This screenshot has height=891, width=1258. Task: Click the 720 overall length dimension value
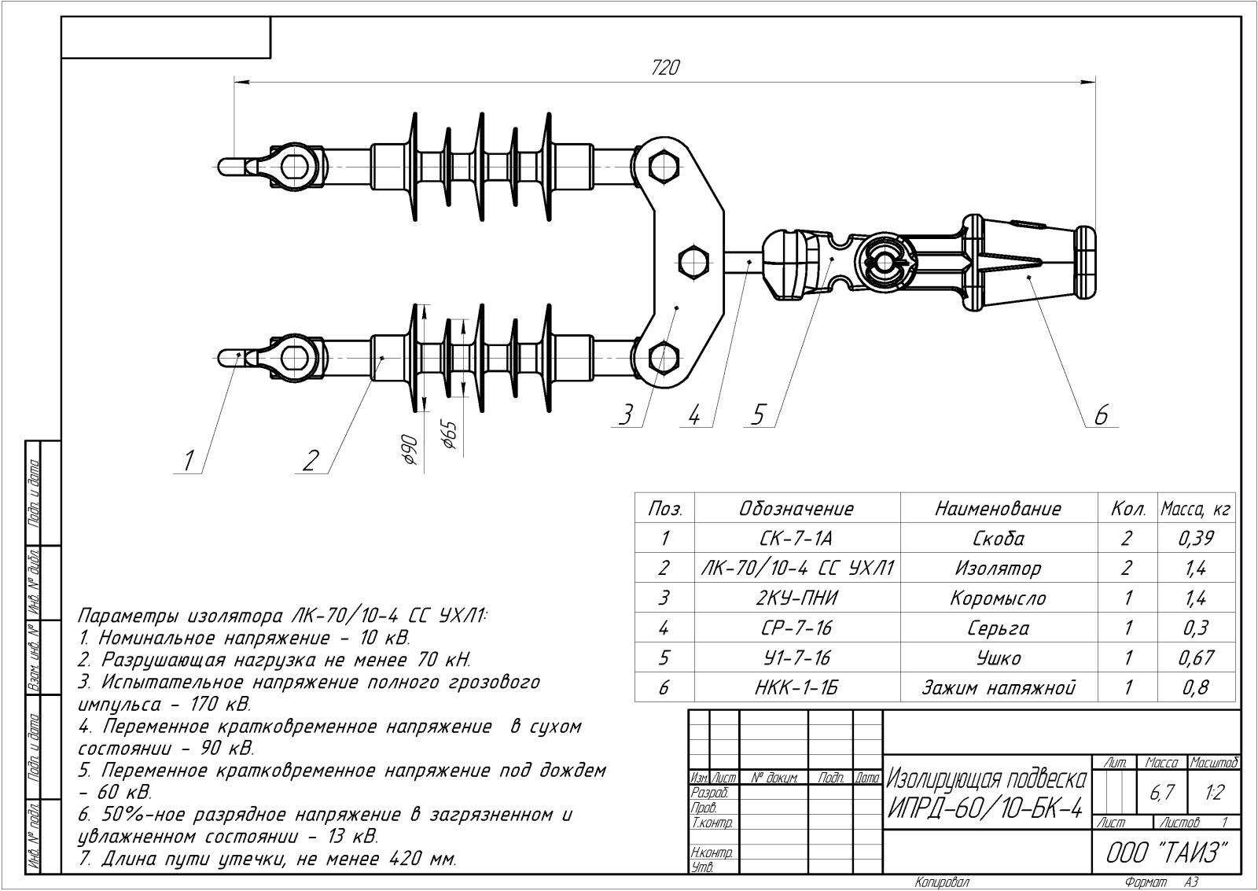pyautogui.click(x=665, y=68)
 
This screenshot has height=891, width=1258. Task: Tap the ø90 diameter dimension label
pyautogui.click(x=410, y=450)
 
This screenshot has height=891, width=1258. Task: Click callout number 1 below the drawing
pyautogui.click(x=189, y=461)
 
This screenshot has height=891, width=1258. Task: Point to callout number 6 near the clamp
pyautogui.click(x=1102, y=415)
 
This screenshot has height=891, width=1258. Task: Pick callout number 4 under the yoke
pyautogui.click(x=695, y=416)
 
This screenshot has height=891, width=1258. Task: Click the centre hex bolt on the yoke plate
pyautogui.click(x=694, y=262)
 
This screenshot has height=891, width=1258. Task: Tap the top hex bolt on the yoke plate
pyautogui.click(x=664, y=166)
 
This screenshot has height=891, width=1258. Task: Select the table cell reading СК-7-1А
pyautogui.click(x=796, y=538)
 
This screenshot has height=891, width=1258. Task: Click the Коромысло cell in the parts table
pyautogui.click(x=998, y=598)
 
